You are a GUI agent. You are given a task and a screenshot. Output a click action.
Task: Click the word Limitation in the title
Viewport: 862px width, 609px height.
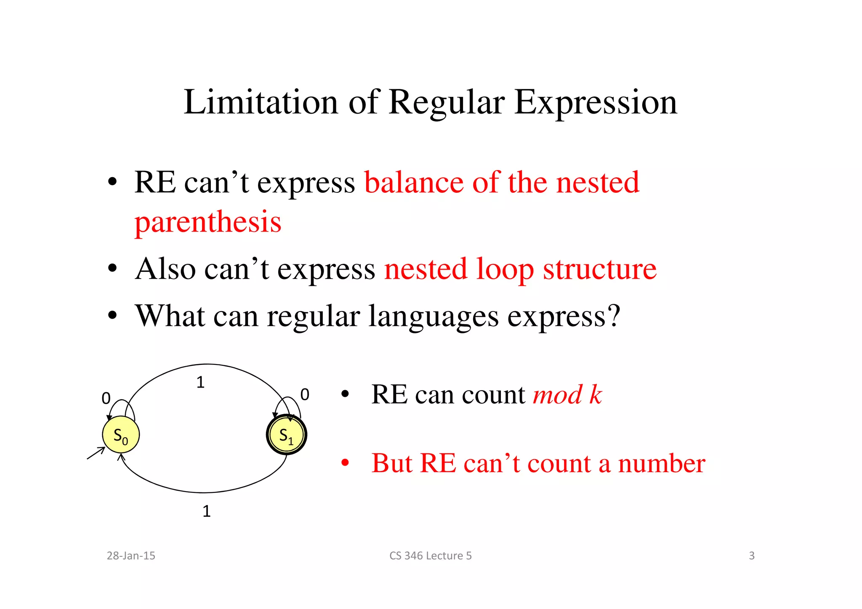point(261,102)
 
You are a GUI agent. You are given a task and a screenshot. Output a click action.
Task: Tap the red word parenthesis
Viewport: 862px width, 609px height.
point(208,222)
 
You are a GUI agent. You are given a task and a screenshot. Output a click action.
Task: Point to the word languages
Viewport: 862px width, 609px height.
point(433,316)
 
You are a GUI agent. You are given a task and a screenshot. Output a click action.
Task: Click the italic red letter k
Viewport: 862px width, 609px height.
point(595,395)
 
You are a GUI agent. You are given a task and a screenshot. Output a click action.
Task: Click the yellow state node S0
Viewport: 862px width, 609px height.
point(121,435)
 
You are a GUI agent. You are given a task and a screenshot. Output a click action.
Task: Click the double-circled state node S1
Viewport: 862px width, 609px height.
point(287,435)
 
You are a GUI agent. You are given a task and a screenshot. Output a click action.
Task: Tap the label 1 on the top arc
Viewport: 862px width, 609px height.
point(200,383)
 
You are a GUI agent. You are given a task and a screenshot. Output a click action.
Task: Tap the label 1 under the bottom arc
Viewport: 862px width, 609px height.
point(206,511)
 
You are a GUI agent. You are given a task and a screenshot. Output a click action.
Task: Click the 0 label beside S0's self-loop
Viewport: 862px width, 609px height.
point(106,398)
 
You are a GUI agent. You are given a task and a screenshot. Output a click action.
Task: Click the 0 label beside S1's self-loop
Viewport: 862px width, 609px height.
point(305,395)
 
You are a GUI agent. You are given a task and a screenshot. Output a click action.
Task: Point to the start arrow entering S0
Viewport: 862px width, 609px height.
point(96,453)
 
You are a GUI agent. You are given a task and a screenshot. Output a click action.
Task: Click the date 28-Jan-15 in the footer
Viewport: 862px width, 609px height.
point(131,556)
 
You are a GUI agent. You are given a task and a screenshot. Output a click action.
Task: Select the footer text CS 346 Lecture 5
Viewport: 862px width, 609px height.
point(430,556)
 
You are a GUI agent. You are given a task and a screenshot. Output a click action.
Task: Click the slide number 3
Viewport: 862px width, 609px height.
point(751,556)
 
